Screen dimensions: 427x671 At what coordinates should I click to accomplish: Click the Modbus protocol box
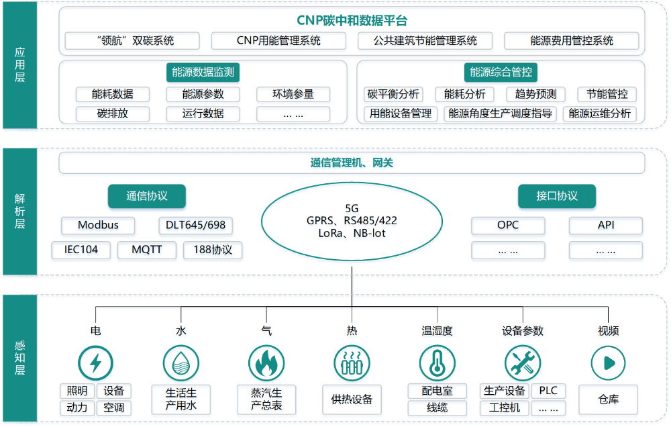pyautogui.click(x=98, y=226)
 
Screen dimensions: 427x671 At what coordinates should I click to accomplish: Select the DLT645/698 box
pyautogui.click(x=196, y=226)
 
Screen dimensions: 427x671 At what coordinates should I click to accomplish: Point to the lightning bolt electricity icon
pyautogui.click(x=95, y=363)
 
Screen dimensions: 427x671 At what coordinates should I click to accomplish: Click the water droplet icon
pyautogui.click(x=181, y=363)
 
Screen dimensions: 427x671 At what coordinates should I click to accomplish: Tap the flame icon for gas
pyautogui.click(x=266, y=363)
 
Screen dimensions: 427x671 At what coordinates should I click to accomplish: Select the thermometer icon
pyautogui.click(x=437, y=363)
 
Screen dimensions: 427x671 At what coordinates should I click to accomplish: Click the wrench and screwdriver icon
pyautogui.click(x=523, y=363)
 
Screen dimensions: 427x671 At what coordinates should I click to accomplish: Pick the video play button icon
pyautogui.click(x=608, y=363)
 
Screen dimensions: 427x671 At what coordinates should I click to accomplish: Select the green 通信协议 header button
pyautogui.click(x=146, y=197)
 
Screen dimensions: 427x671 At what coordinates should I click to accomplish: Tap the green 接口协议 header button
pyautogui.click(x=556, y=197)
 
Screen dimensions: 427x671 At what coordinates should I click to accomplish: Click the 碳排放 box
pyautogui.click(x=112, y=113)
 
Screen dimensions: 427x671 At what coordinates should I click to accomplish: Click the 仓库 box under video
pyautogui.click(x=608, y=400)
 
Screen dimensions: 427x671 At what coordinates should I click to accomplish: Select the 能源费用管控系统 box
pyautogui.click(x=572, y=41)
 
